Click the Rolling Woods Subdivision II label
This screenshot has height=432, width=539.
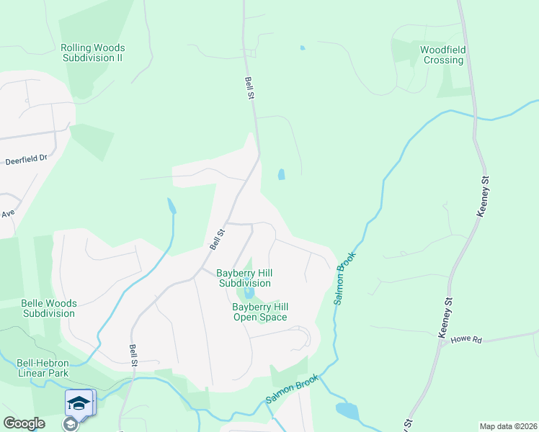[x=91, y=53]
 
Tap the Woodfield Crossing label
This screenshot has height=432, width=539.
[x=443, y=55]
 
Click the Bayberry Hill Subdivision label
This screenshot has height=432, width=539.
[x=244, y=278]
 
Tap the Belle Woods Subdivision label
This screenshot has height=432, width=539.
[x=49, y=308]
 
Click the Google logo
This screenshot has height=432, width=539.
[x=24, y=423]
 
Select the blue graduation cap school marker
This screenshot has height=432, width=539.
[x=79, y=402]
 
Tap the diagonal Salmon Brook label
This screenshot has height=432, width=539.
[x=292, y=388]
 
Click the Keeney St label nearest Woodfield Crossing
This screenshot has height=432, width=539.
[x=484, y=196]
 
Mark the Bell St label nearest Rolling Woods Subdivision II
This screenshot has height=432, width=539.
[x=249, y=89]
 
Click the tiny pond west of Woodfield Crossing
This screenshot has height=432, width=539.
[x=302, y=48]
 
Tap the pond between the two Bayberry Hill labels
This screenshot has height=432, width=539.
[x=249, y=294]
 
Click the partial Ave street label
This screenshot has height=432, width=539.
[x=8, y=214]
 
